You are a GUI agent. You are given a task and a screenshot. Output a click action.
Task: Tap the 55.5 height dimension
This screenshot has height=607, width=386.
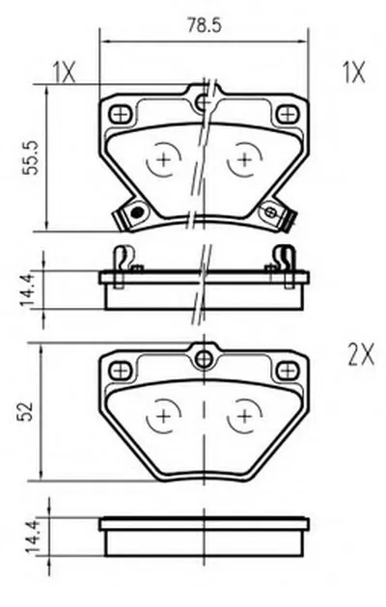coord(31,158)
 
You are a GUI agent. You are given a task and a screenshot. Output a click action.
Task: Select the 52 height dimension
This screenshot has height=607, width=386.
coord(25,411)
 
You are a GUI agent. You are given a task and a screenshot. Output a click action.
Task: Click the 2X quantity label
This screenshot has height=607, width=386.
coord(361,355)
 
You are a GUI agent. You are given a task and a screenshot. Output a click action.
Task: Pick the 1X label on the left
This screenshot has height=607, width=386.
coord(64,72)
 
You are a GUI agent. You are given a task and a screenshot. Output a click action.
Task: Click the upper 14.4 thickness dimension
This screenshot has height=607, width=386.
coord(29,289)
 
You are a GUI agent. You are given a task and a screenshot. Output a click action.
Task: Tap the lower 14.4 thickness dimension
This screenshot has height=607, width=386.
coord(30,537)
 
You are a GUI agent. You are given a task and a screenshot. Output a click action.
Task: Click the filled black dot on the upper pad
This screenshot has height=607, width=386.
coord(137,211)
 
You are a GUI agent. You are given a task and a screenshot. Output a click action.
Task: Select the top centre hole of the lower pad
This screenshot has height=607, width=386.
coord(204,359)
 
